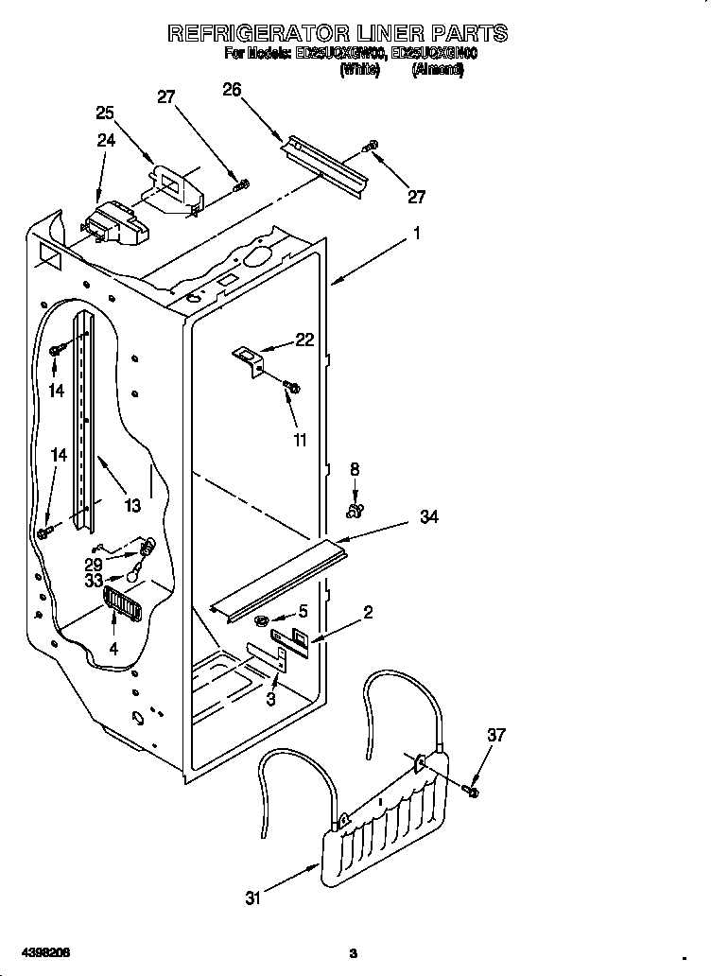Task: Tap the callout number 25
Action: (106, 113)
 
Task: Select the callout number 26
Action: (232, 90)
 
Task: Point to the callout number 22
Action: (304, 340)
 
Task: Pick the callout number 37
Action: (497, 735)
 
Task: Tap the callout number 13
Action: (131, 506)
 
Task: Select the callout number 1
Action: (416, 232)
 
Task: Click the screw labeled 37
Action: (473, 788)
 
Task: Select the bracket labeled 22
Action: (249, 357)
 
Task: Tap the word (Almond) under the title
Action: (438, 70)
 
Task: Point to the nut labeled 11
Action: (291, 386)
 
